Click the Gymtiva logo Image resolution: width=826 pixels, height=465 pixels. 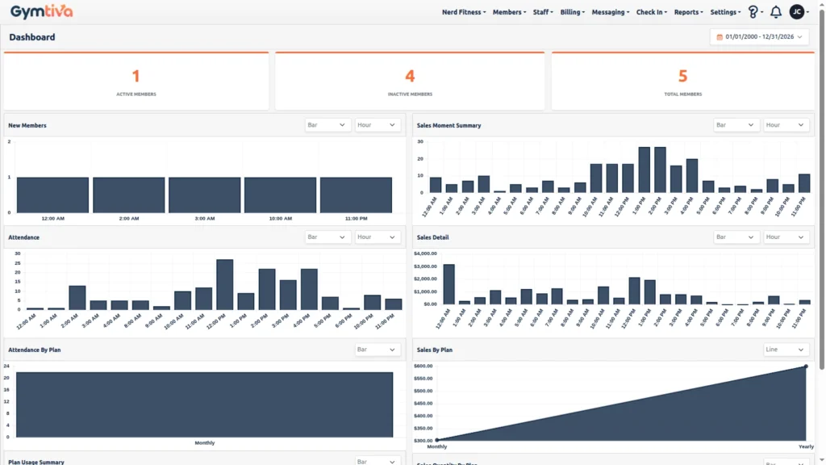click(x=41, y=11)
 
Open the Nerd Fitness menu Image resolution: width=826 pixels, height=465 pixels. click(x=464, y=12)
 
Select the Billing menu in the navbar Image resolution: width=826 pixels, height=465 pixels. click(x=572, y=12)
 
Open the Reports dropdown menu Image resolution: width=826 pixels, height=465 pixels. click(x=688, y=12)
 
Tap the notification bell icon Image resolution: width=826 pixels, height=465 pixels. click(x=776, y=12)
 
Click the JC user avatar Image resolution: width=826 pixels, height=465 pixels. click(x=797, y=12)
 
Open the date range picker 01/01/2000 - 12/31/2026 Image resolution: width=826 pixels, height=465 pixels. click(x=759, y=37)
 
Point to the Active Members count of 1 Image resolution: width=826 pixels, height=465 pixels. click(x=136, y=76)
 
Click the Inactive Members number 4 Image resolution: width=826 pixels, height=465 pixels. click(x=410, y=76)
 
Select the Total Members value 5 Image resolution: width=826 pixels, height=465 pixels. click(x=682, y=76)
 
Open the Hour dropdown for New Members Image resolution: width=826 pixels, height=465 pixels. click(x=378, y=125)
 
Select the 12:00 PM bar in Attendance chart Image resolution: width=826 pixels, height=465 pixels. click(x=225, y=284)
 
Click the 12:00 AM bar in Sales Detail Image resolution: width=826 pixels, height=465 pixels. click(x=448, y=284)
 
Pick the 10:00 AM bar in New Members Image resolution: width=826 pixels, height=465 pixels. click(x=280, y=195)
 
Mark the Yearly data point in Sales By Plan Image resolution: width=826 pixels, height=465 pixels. click(x=805, y=367)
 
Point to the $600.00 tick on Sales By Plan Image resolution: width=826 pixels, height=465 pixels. click(x=423, y=367)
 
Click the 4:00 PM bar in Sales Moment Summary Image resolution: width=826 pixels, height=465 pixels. click(x=692, y=176)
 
